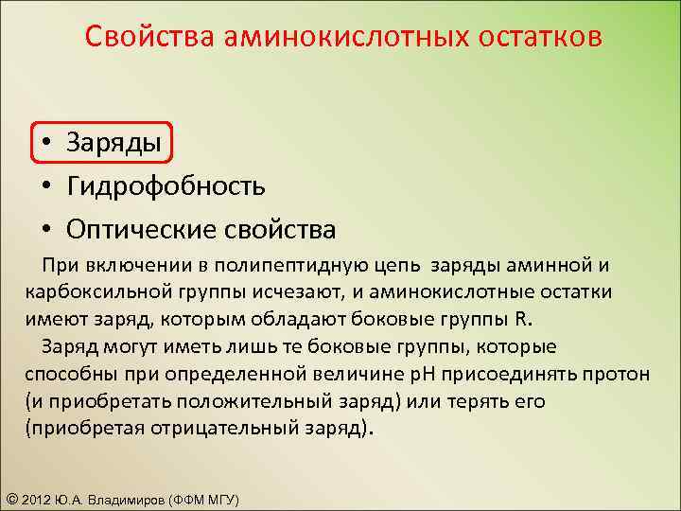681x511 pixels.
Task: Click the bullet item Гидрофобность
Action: coord(166,185)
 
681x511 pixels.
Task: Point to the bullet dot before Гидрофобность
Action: coord(45,186)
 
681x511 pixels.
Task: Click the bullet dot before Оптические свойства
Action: coord(45,230)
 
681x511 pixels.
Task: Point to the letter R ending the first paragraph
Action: coord(523,317)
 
